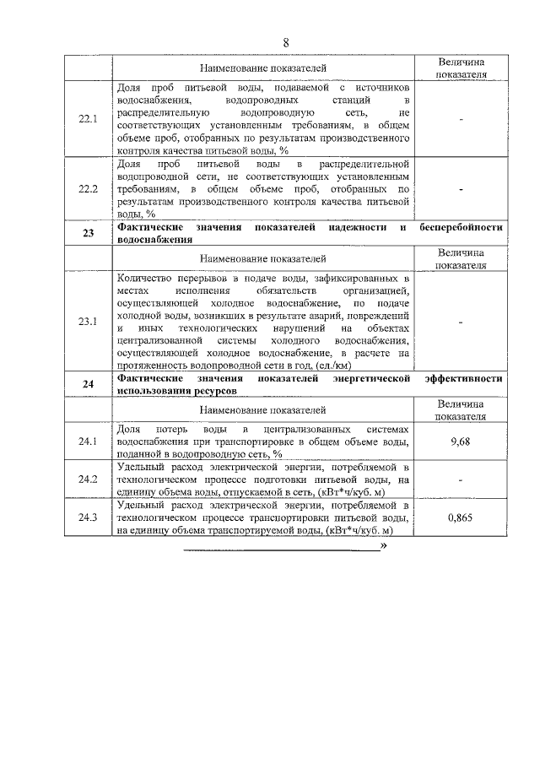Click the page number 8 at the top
(285, 42)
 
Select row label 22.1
(88, 119)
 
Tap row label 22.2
(88, 190)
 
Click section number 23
(88, 234)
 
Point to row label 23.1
(88, 322)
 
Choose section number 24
(88, 385)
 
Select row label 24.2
(88, 480)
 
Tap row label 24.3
(88, 517)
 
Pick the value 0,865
(461, 517)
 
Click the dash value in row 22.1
(462, 120)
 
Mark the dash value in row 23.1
(462, 322)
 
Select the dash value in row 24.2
(462, 480)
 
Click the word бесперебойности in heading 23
(461, 228)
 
